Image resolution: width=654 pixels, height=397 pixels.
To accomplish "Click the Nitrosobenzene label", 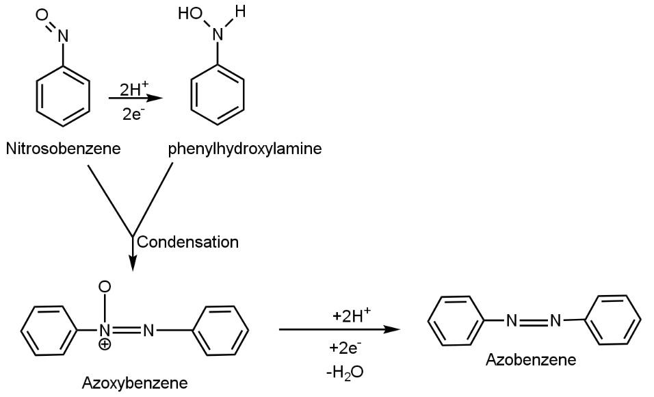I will (63, 149).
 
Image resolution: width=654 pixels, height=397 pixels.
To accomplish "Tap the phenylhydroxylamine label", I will (244, 149).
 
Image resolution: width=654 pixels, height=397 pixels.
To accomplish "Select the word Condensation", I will (188, 242).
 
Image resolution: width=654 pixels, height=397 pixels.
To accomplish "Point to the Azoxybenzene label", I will (135, 382).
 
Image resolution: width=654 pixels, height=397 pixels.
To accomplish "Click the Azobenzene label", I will (531, 359).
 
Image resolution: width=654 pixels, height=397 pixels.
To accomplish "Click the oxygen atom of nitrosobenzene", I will (42, 14).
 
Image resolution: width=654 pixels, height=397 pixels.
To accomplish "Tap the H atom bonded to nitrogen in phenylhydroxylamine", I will (238, 12).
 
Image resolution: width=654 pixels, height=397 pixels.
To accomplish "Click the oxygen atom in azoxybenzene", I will (105, 286).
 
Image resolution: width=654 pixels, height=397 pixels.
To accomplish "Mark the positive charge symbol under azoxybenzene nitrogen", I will (105, 344).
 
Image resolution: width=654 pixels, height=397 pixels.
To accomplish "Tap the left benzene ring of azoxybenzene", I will (49, 331).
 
